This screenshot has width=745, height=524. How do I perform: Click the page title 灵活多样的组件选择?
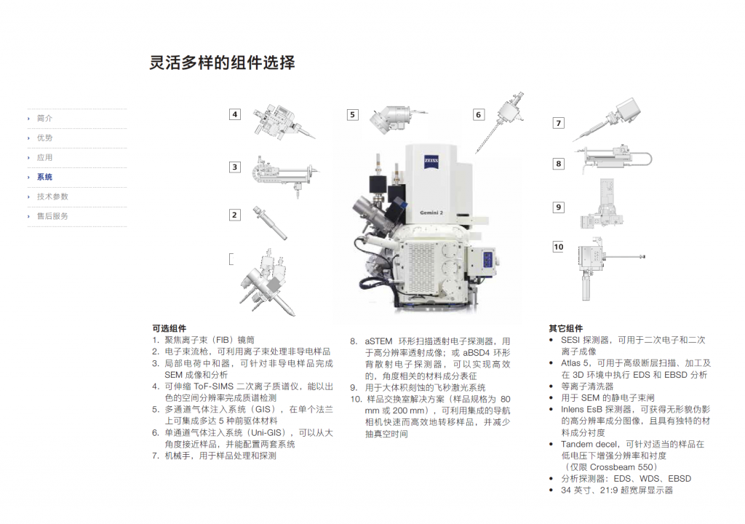223,63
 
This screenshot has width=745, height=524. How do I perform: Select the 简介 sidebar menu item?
44,119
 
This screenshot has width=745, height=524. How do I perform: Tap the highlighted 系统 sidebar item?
44,177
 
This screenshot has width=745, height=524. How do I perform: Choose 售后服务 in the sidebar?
52,216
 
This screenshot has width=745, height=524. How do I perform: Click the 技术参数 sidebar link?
52,196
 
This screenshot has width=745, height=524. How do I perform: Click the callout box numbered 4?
235,114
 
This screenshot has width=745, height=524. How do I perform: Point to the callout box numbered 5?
352,114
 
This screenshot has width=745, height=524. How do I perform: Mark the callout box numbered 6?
479,114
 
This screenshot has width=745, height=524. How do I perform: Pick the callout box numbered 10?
559,247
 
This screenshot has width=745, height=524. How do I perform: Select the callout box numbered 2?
234,215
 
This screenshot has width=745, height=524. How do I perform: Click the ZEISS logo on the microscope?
431,162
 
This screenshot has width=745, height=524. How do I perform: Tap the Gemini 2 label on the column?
431,213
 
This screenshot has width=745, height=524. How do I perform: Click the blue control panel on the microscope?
488,261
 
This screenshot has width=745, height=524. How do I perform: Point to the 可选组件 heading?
169,328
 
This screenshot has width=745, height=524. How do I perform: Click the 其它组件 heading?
565,328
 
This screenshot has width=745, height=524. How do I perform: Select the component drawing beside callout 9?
602,204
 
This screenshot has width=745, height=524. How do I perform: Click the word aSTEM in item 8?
378,341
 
